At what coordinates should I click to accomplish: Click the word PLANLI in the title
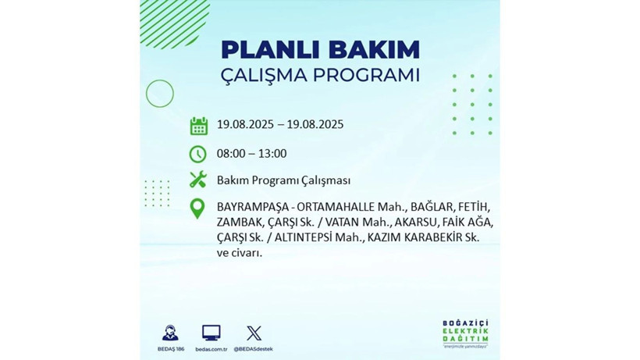coord(263,49)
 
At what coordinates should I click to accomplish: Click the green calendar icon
coord(198,125)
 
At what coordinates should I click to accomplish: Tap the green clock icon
coord(198,154)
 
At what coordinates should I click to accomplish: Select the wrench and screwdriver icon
coord(198,180)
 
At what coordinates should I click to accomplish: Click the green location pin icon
coord(198,209)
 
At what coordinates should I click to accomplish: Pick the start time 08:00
coord(232,154)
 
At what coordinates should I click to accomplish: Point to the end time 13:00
coord(272,154)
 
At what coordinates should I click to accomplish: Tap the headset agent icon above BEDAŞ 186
coord(169,333)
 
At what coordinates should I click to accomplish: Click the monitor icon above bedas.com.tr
coord(211,333)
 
